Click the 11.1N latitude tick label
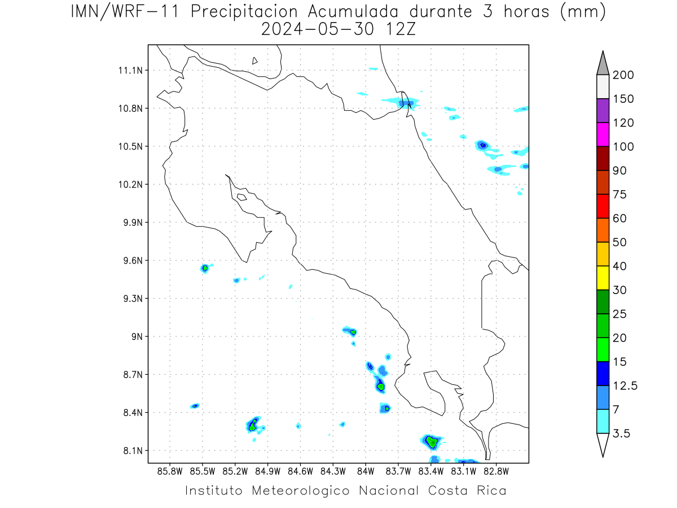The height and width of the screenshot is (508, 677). [130, 71]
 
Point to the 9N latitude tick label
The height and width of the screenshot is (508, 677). [137, 336]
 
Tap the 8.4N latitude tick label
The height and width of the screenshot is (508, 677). [133, 413]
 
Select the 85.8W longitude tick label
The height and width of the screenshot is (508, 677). [170, 472]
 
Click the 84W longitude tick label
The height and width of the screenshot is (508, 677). [366, 472]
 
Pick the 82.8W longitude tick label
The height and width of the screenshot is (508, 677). [496, 472]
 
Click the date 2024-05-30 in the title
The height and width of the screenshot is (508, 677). [318, 29]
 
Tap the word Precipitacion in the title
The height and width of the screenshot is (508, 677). [244, 12]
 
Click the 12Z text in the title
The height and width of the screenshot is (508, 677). [401, 29]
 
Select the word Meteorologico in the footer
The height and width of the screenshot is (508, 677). [300, 491]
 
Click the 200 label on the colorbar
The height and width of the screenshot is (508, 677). [623, 75]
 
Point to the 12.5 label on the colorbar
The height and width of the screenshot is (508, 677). [625, 386]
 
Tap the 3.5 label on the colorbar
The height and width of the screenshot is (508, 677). [621, 433]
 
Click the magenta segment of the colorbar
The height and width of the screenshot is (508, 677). [603, 134]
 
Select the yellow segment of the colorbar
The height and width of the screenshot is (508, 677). [603, 278]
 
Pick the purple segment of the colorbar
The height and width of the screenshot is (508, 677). [603, 111]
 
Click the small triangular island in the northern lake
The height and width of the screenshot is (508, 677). [254, 61]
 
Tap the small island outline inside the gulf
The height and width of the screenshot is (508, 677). [242, 197]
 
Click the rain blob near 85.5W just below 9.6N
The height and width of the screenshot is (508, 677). [205, 268]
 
